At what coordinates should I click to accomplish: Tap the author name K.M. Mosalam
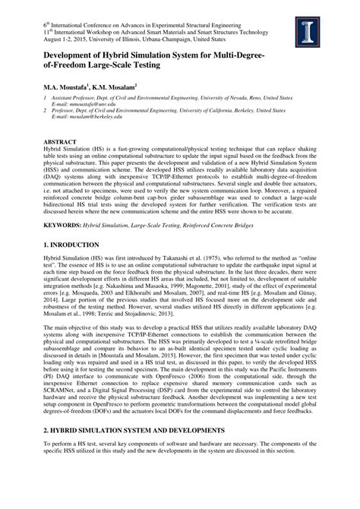pyautogui.click(x=114, y=87)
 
